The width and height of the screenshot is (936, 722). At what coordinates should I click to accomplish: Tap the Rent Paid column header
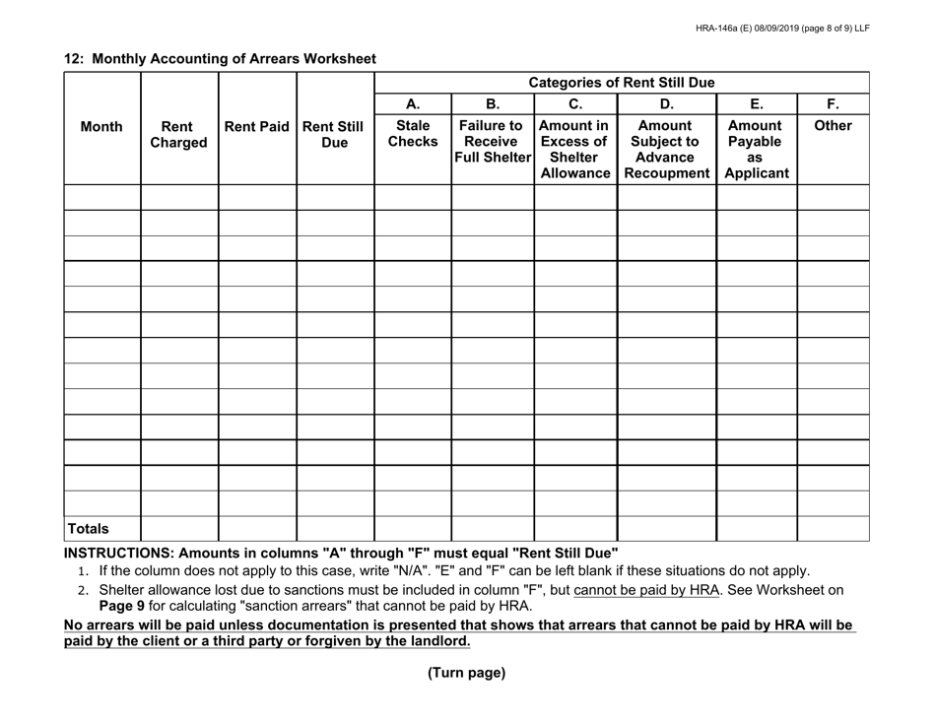pos(256,127)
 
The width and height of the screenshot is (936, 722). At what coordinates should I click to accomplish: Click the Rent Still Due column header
pos(334,135)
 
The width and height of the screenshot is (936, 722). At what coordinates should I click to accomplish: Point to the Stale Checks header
pos(412,135)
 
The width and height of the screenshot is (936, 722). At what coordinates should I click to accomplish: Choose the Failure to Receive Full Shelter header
pos(492,142)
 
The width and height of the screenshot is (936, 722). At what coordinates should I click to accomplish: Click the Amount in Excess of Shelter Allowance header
pos(574,150)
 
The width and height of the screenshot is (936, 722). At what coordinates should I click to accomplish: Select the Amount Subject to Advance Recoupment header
pos(666,150)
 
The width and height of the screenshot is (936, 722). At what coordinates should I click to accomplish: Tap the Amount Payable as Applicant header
pos(756,150)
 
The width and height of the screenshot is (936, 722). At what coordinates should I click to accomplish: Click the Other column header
pos(833,127)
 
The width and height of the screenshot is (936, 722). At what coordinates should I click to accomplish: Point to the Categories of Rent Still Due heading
pos(622,83)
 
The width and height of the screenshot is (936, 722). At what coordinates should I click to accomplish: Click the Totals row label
pos(88,529)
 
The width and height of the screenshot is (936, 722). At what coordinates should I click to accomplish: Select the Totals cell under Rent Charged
pos(179,529)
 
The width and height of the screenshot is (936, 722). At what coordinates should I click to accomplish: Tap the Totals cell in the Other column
pos(833,529)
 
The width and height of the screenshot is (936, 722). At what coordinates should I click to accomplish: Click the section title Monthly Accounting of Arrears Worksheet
pos(220,59)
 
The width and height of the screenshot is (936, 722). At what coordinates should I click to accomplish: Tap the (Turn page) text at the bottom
pos(466,674)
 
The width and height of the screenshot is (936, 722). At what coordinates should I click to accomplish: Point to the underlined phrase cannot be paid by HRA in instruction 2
pos(642,590)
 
